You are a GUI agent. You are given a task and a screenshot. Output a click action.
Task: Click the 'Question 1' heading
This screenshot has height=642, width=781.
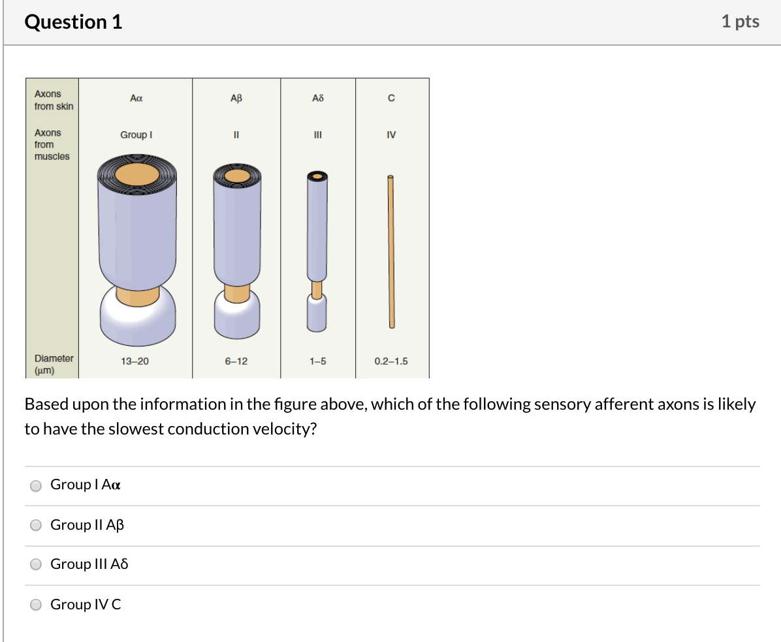tap(73, 22)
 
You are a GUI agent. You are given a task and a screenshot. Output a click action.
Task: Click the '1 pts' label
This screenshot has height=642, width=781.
tap(740, 22)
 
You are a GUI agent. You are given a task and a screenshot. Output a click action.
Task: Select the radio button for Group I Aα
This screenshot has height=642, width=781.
tap(37, 485)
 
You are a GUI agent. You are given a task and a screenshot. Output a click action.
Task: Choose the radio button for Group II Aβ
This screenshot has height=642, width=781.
tap(37, 526)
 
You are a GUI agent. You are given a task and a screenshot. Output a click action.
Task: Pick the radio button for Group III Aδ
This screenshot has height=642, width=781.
tap(37, 565)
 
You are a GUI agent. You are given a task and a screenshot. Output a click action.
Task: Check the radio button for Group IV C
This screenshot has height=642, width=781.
tap(37, 605)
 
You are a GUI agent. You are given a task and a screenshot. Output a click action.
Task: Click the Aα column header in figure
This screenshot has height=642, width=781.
tap(136, 98)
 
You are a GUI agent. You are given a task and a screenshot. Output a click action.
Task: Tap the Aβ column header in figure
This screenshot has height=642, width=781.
tap(236, 98)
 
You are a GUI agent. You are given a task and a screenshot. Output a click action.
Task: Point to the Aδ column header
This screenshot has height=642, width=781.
tap(318, 98)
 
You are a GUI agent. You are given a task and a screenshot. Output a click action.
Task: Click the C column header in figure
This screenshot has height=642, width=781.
tap(391, 99)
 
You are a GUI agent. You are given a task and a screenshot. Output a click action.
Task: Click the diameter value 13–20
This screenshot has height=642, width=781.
tap(135, 361)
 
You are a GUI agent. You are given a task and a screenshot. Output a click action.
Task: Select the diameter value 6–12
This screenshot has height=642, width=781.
tap(236, 361)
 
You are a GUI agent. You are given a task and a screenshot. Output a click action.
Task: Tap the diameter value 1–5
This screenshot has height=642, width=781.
tap(318, 361)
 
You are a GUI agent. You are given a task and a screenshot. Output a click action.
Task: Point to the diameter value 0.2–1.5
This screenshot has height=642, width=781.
tap(391, 361)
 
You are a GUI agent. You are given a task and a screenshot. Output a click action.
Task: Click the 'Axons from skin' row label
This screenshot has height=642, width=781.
tap(54, 100)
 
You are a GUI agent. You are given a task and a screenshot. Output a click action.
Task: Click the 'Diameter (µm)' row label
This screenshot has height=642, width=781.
tap(54, 364)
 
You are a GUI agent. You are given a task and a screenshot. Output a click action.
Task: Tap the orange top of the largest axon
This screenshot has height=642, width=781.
tap(136, 174)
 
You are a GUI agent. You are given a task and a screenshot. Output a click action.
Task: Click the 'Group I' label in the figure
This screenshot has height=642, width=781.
tap(136, 134)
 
